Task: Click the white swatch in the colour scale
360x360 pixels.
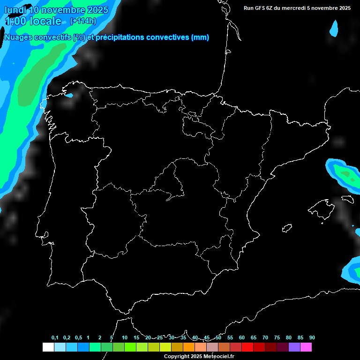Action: click(x=48, y=347)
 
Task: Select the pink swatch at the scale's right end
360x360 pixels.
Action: click(x=306, y=347)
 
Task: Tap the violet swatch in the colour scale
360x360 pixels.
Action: click(x=294, y=347)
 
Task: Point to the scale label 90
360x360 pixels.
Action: click(x=312, y=337)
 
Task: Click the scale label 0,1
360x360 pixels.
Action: click(x=55, y=337)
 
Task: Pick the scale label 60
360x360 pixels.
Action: click(x=242, y=337)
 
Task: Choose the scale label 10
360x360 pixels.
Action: click(x=125, y=337)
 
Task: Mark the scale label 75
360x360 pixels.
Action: click(x=277, y=337)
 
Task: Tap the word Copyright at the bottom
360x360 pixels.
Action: click(x=177, y=356)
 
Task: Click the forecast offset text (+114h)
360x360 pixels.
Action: click(x=82, y=21)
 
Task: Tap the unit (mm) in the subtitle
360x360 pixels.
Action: click(x=200, y=37)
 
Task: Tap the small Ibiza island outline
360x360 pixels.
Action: click(x=287, y=228)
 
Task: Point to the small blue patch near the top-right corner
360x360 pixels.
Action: click(x=334, y=28)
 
